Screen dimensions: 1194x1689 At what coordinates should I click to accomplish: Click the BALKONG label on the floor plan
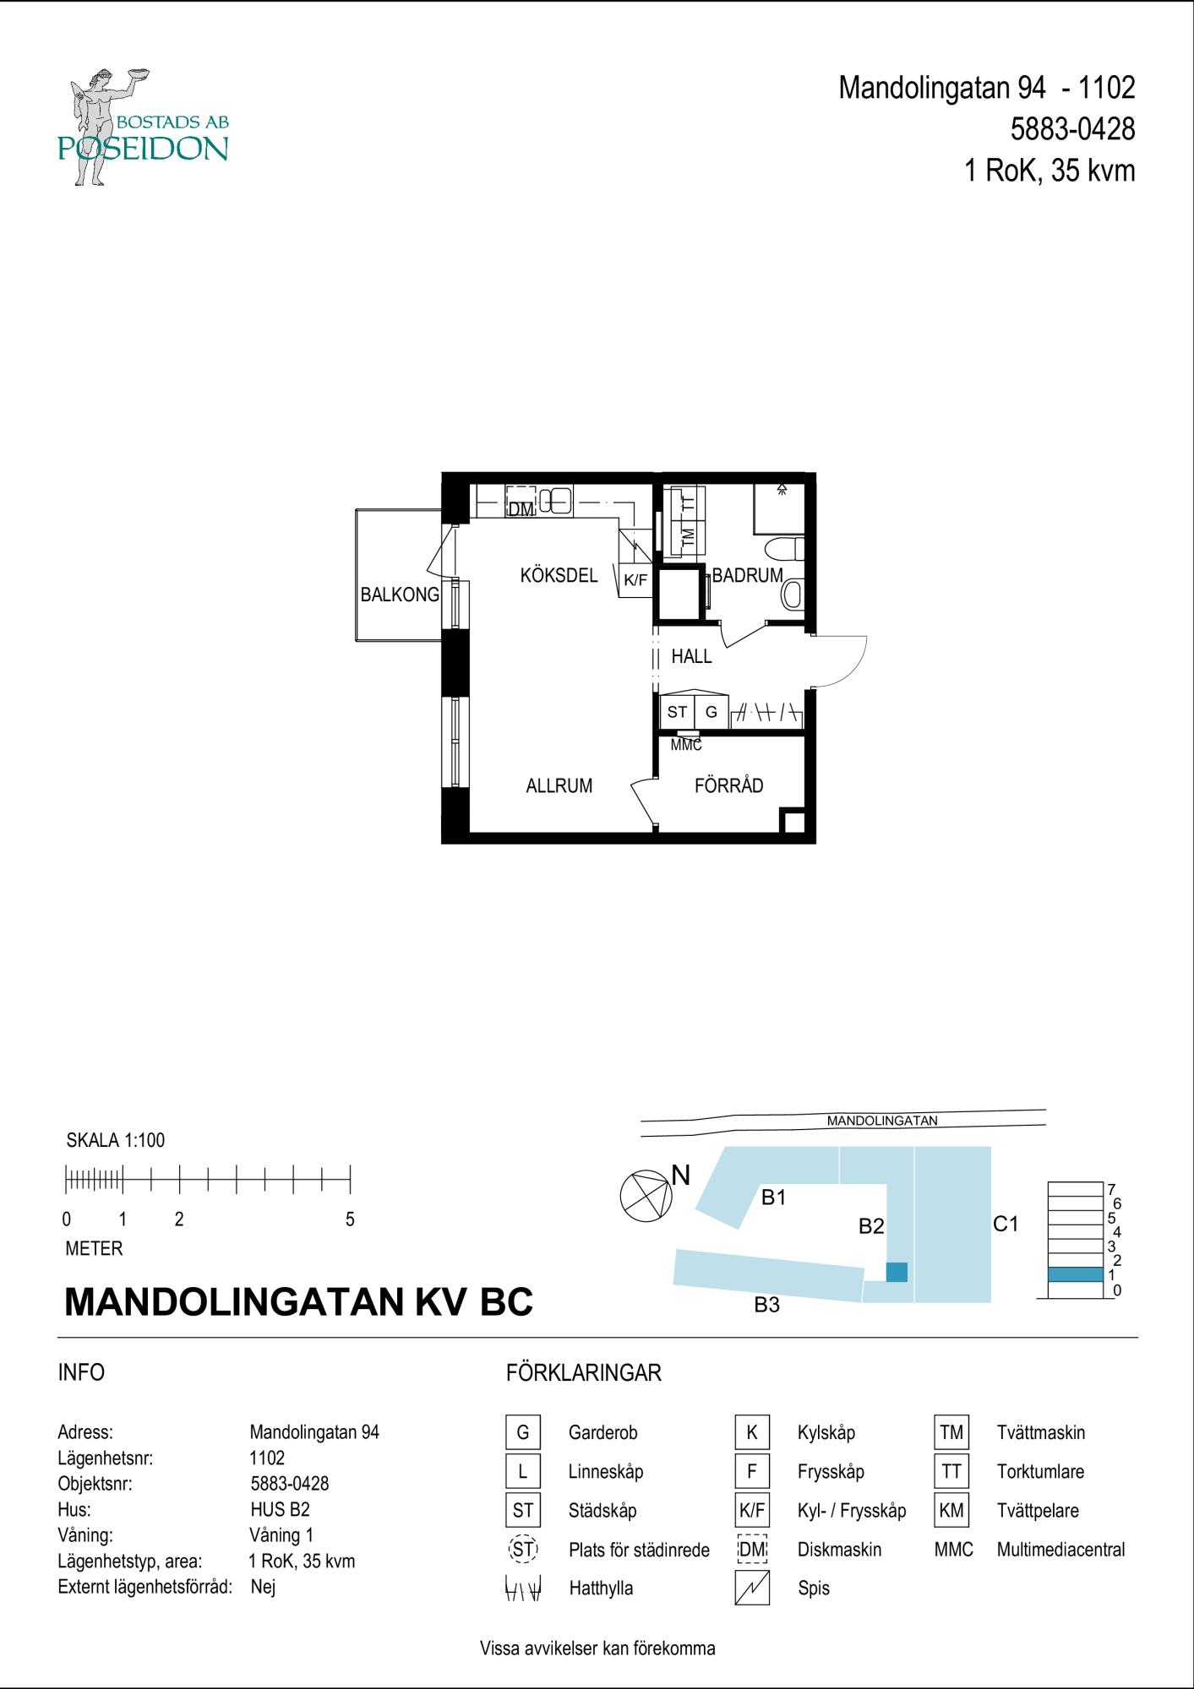click(400, 595)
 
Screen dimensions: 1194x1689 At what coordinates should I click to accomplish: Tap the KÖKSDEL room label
click(559, 576)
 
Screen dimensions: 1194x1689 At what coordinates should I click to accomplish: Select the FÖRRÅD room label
click(728, 785)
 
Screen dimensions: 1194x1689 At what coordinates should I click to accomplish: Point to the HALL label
click(691, 656)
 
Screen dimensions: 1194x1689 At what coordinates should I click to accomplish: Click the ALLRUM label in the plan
click(559, 786)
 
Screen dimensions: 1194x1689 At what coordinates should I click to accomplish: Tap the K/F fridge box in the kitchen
click(635, 580)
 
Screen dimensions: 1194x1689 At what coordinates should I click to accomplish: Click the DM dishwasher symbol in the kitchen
click(521, 502)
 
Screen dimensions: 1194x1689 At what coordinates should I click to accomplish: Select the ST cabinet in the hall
click(677, 712)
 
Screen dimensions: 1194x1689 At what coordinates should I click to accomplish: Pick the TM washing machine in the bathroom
click(688, 535)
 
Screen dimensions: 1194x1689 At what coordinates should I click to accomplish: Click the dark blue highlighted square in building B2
click(897, 1272)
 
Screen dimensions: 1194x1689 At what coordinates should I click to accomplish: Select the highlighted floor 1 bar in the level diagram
click(1075, 1274)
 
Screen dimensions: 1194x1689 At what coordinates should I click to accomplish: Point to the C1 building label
click(1006, 1223)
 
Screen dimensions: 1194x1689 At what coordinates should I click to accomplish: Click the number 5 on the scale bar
click(350, 1219)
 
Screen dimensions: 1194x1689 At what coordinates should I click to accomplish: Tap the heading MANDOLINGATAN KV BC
click(299, 1301)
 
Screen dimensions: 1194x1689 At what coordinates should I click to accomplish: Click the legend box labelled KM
click(951, 1510)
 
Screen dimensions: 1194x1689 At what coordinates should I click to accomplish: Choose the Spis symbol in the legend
click(752, 1588)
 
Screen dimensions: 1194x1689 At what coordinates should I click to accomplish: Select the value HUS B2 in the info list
click(281, 1509)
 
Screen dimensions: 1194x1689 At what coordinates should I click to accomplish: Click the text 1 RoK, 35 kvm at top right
click(1050, 171)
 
